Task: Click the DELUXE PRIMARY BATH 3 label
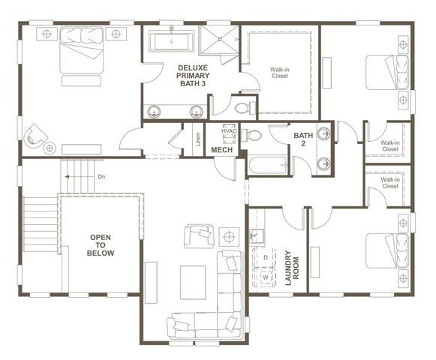[x=193, y=75]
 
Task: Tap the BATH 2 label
[x=303, y=140]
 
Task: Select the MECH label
[x=221, y=150]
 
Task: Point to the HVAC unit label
[x=229, y=131]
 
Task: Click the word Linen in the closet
[x=197, y=140]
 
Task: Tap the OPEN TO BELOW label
[x=101, y=245]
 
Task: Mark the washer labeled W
[x=265, y=277]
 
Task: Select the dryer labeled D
[x=265, y=257]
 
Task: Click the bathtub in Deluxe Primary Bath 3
[x=173, y=40]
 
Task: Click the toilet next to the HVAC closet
[x=252, y=136]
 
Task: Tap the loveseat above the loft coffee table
[x=199, y=235]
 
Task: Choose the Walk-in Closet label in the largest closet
[x=280, y=73]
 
